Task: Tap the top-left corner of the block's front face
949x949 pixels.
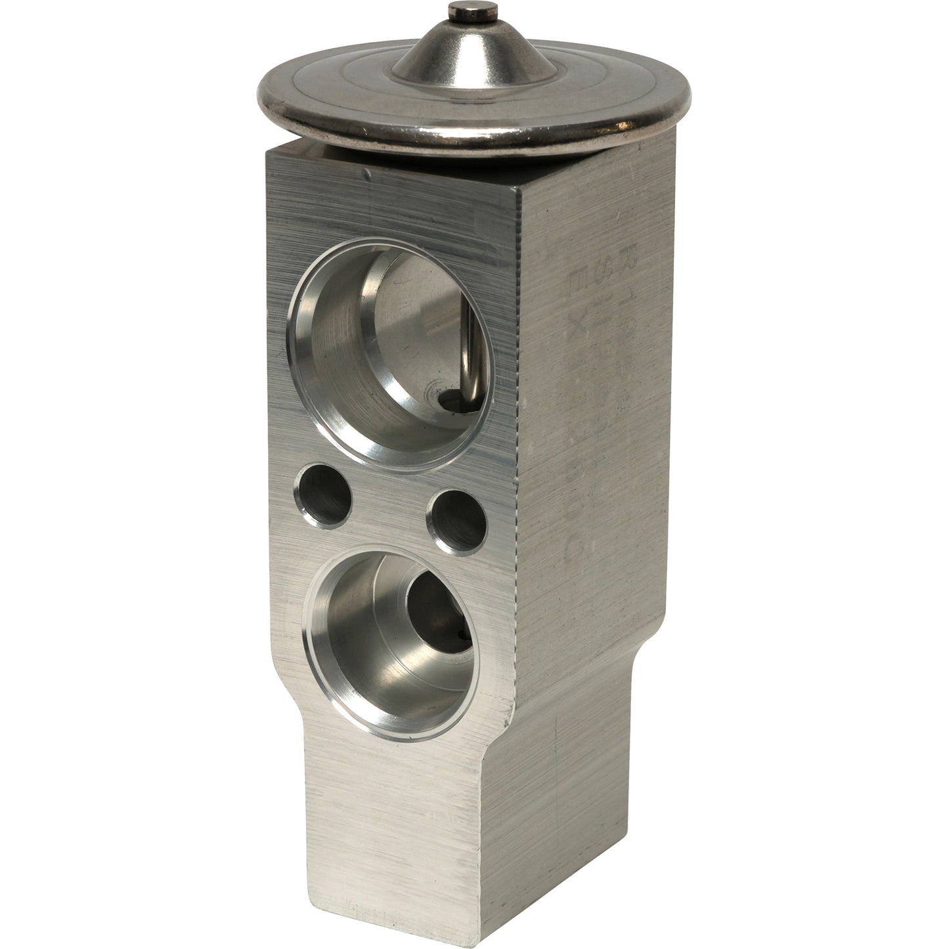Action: pos(267,152)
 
